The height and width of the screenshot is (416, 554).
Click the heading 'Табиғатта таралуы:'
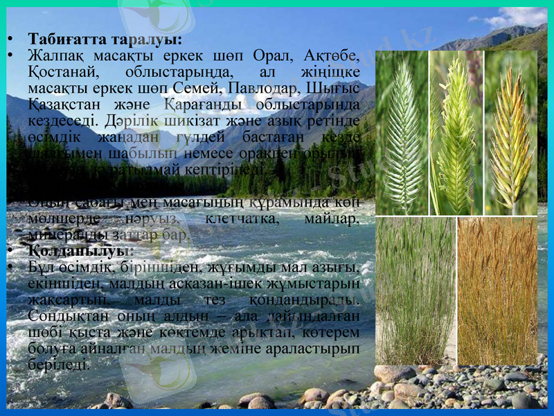(105, 37)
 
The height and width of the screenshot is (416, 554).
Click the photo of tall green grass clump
(415, 291)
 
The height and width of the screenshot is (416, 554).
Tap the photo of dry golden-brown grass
(497, 291)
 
